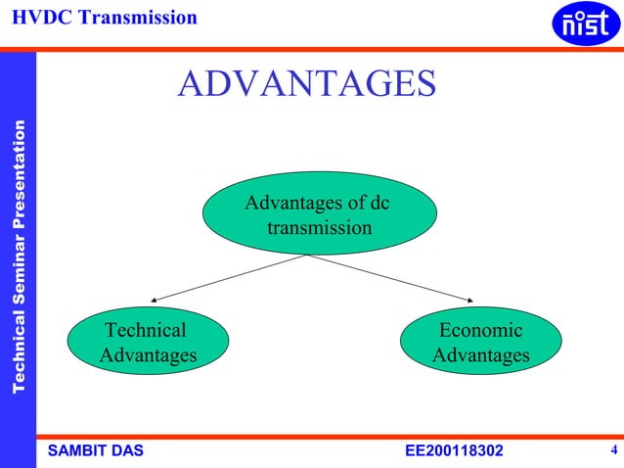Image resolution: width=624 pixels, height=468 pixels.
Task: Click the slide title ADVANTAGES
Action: click(x=306, y=84)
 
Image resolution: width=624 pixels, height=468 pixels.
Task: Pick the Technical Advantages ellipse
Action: click(x=148, y=342)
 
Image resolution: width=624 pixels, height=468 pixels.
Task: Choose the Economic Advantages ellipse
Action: click(x=481, y=342)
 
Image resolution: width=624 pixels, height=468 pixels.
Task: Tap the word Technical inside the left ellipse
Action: click(x=146, y=331)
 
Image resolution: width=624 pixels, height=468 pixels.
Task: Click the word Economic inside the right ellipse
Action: click(x=480, y=331)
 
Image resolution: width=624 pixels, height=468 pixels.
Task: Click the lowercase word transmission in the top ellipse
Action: click(x=319, y=228)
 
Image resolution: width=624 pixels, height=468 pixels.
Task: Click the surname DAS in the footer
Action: click(x=127, y=450)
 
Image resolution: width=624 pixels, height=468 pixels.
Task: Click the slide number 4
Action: click(x=612, y=450)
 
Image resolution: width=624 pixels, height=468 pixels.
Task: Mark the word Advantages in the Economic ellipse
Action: click(x=480, y=354)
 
